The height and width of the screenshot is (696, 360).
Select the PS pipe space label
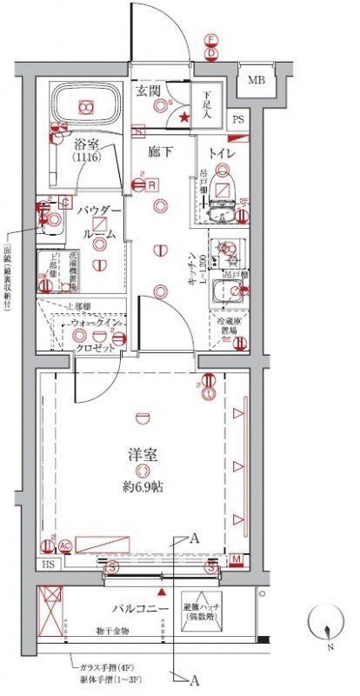pos(237,120)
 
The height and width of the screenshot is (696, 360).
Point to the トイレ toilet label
pos(221,148)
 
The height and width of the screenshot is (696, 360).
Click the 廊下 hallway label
pos(157,150)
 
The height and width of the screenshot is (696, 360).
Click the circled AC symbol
pos(64,545)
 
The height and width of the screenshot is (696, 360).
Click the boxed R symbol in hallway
pos(151,184)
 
